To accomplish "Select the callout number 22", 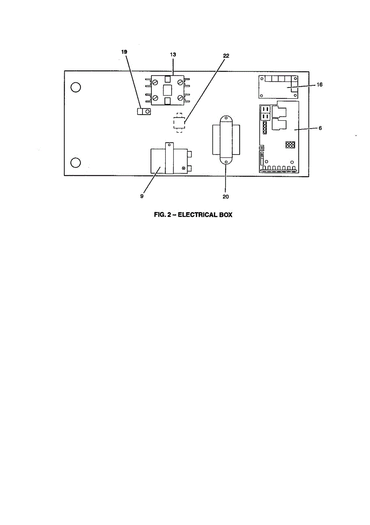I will [x=226, y=56].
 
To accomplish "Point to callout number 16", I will [x=320, y=84].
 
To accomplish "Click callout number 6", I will [x=320, y=128].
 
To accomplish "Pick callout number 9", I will [x=142, y=196].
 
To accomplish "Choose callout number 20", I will [x=226, y=196].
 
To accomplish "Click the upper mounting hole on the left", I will [x=76, y=87].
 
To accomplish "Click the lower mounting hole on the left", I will [x=76, y=163].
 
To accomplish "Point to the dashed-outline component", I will [x=178, y=123].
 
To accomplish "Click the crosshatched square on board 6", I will [x=290, y=145].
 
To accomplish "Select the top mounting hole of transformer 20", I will [x=226, y=119].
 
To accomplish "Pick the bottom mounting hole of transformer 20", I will [x=226, y=162].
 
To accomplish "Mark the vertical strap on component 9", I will [x=169, y=158].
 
